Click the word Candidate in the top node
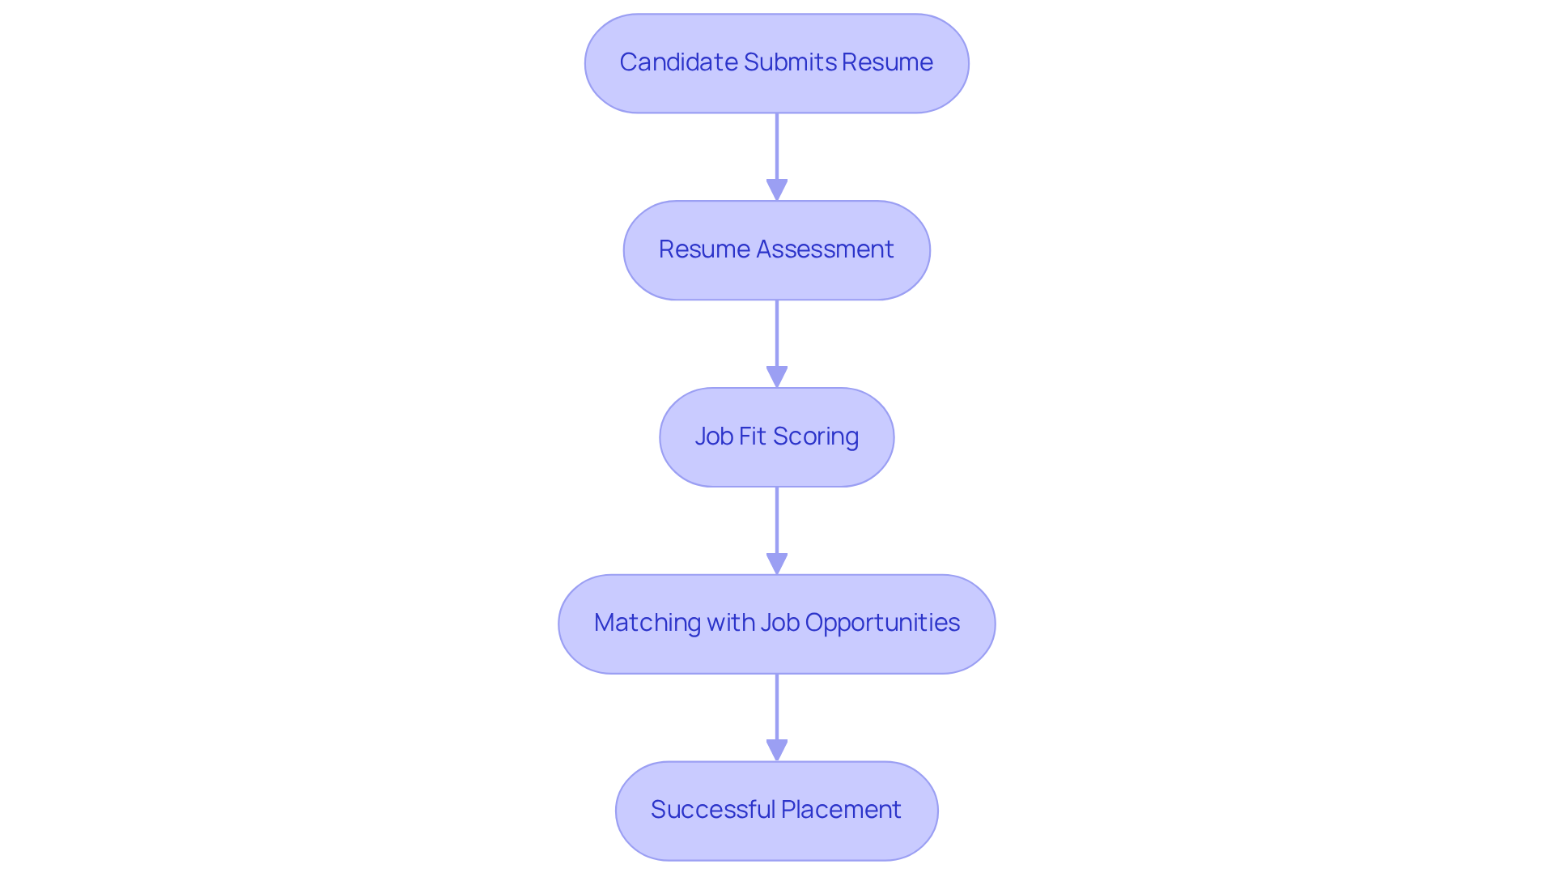click(x=678, y=62)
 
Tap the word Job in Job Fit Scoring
click(x=714, y=436)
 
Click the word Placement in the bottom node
click(x=841, y=810)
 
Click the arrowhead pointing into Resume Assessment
click(x=777, y=190)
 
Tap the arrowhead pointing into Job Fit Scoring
click(x=777, y=377)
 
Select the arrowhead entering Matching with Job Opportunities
click(x=777, y=564)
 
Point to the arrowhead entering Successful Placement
click(x=777, y=751)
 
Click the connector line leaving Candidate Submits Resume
click(x=777, y=146)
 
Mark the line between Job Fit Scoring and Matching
click(x=777, y=520)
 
